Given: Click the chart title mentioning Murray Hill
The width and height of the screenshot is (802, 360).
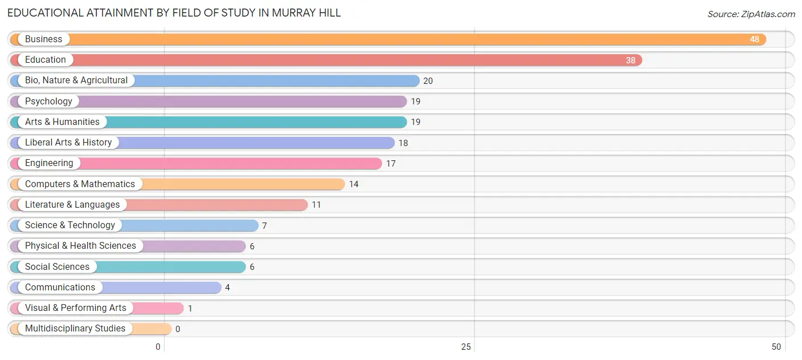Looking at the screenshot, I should [x=174, y=13].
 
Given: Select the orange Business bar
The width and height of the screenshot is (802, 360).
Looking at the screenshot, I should [x=399, y=39].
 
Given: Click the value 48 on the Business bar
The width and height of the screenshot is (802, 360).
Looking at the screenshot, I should [x=754, y=39].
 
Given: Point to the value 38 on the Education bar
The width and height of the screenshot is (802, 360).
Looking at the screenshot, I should [x=630, y=60].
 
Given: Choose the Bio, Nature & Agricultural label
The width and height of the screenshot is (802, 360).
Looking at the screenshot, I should [x=76, y=80].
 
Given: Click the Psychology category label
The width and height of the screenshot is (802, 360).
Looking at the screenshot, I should [x=48, y=101].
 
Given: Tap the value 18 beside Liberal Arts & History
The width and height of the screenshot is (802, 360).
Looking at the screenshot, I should [x=403, y=143].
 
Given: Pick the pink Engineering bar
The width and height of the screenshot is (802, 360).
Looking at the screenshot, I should [x=228, y=163].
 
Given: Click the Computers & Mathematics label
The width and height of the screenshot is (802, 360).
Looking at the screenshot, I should [x=80, y=184].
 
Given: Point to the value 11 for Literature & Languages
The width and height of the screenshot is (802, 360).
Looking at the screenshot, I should [x=317, y=205].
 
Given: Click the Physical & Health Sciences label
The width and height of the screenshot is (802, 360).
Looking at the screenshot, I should [x=80, y=246].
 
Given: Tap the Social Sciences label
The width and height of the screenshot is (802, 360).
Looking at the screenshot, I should [x=57, y=266].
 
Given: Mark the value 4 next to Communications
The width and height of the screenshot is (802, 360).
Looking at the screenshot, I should [x=228, y=288].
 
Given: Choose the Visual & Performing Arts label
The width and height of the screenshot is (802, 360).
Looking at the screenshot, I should [x=76, y=308].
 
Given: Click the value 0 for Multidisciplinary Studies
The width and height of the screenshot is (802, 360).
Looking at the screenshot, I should [x=178, y=329].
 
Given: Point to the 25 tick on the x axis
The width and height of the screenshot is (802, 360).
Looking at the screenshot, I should [x=466, y=347].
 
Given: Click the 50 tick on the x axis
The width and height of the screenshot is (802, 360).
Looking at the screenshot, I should [x=776, y=347].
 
